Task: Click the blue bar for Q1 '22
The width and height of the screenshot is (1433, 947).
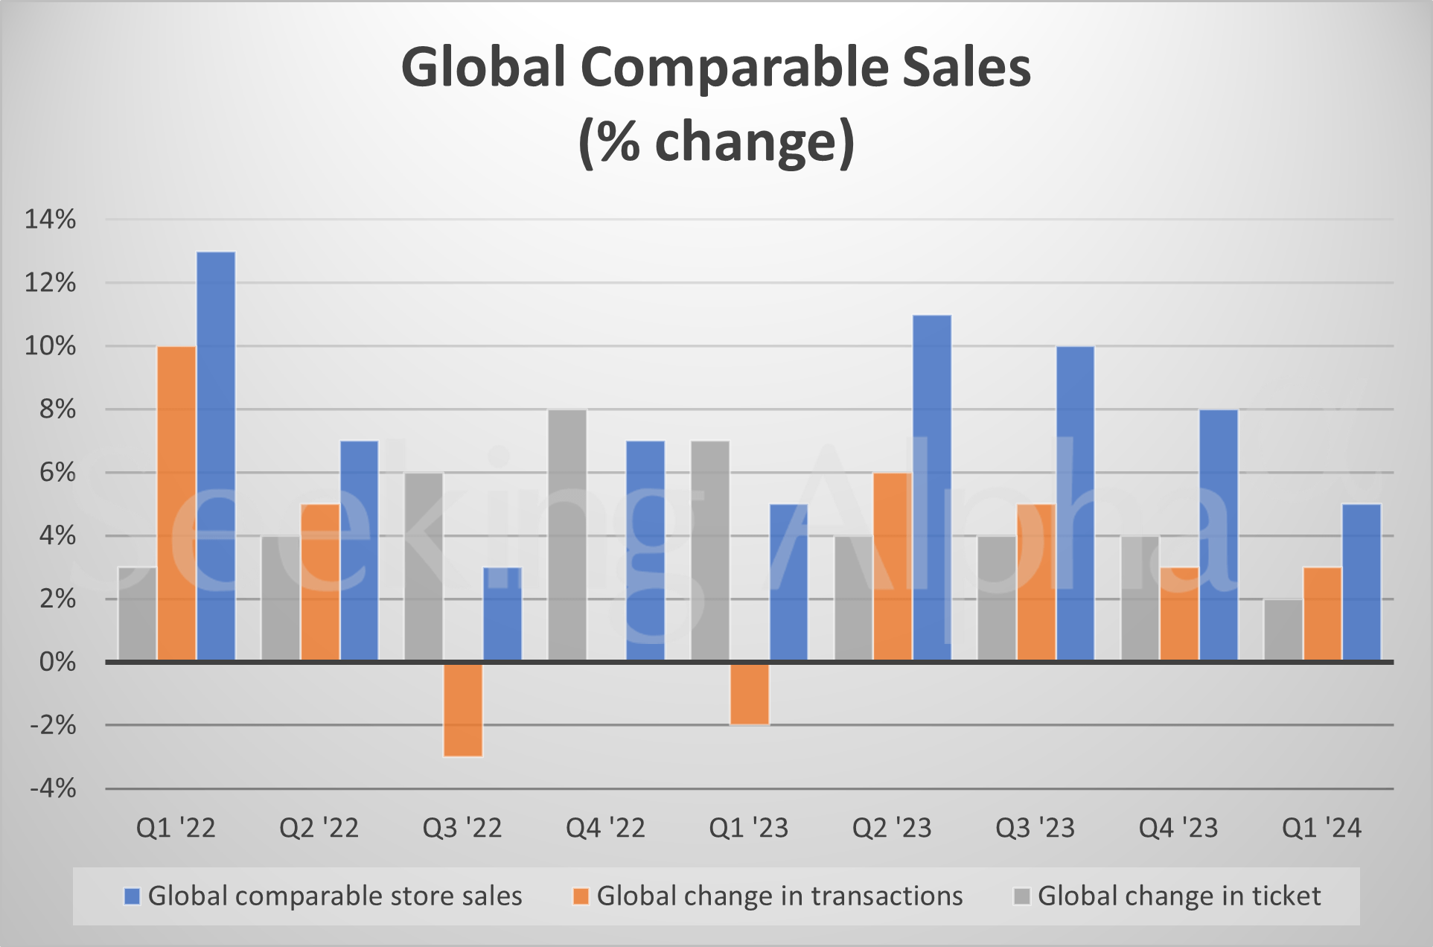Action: (216, 456)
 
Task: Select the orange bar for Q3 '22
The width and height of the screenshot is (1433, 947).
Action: (463, 709)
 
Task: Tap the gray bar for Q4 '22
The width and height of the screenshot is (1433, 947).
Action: (567, 535)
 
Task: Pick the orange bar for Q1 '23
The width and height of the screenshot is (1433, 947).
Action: (750, 693)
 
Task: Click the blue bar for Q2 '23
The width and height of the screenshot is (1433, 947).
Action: (932, 488)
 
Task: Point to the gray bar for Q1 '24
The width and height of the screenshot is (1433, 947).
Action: (1283, 630)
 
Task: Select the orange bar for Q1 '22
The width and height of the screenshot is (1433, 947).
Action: (176, 503)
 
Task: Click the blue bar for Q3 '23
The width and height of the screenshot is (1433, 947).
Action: (1075, 503)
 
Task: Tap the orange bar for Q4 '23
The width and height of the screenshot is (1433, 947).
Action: (1179, 614)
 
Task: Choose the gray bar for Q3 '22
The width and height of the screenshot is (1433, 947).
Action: (424, 567)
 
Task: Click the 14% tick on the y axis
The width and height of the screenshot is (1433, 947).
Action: (51, 220)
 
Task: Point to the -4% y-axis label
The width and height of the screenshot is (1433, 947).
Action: (52, 788)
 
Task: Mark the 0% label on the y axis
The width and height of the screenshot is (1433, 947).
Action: (57, 662)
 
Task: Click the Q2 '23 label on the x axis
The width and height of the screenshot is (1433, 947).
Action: (892, 828)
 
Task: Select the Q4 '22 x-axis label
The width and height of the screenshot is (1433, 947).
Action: (605, 828)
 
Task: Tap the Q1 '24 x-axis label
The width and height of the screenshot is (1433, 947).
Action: (1321, 828)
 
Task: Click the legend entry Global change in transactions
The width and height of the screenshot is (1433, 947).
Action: (779, 896)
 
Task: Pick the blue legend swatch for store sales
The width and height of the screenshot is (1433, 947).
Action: (132, 896)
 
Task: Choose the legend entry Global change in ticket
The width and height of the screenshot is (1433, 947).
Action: (1178, 896)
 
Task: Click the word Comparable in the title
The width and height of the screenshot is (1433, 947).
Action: (734, 68)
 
